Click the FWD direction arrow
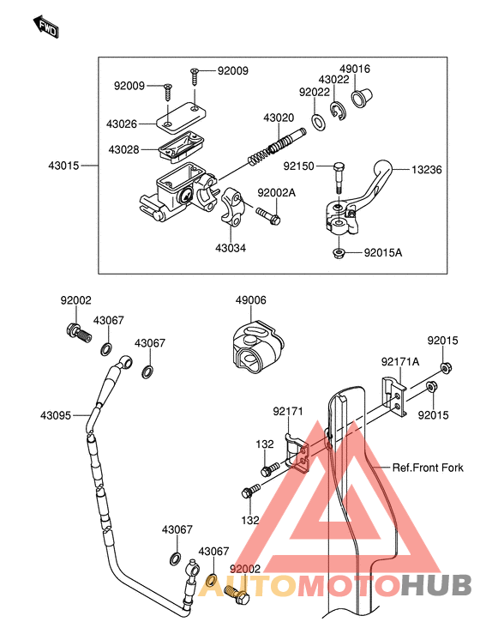tap(46, 27)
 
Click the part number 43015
tap(63, 166)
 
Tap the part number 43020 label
tap(279, 118)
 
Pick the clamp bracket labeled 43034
tap(231, 205)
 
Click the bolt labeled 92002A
tap(268, 216)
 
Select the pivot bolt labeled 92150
tap(339, 178)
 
